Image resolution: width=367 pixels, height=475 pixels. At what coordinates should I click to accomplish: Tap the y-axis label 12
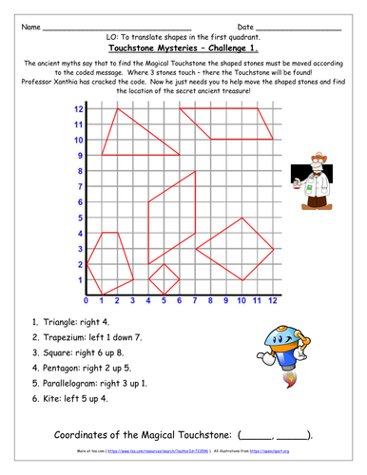click(x=79, y=109)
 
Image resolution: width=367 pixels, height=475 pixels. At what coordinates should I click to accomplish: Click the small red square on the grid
click(x=164, y=279)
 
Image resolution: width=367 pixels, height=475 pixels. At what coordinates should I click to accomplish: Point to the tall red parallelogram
click(x=171, y=218)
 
